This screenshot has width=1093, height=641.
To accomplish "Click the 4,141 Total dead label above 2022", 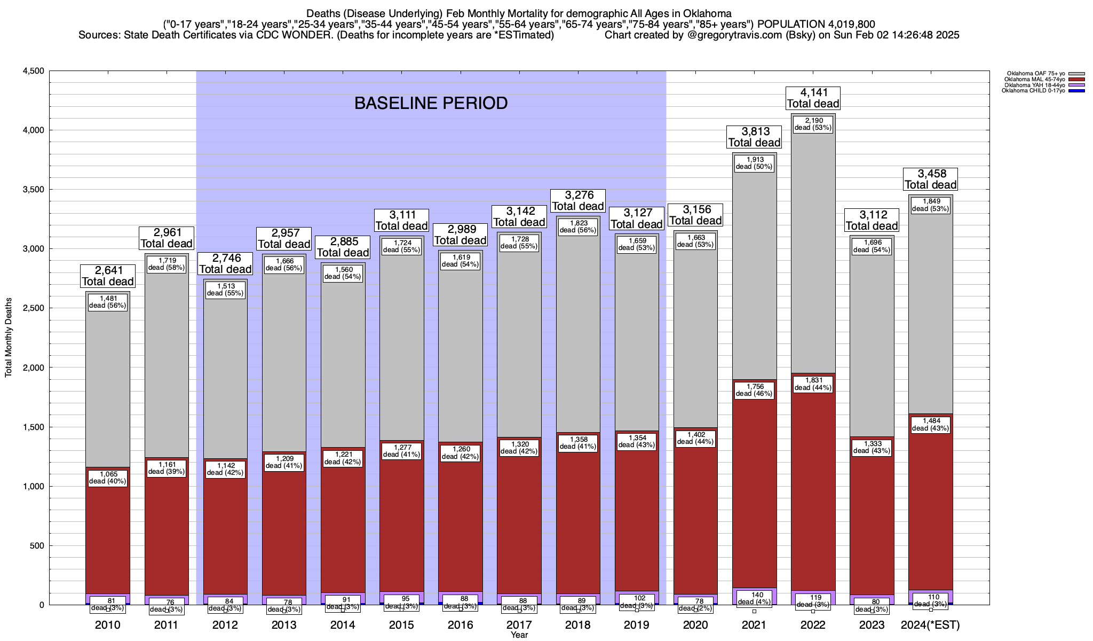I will [813, 98].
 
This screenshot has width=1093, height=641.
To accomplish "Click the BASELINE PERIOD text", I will [431, 103].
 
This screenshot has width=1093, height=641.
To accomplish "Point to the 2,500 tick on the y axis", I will [34, 308].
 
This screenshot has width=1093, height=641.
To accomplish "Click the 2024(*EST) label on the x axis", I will [930, 625].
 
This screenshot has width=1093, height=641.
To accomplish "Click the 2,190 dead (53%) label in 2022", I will [813, 124].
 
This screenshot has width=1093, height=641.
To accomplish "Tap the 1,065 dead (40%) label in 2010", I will [107, 478].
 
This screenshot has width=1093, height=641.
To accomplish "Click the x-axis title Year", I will [519, 635].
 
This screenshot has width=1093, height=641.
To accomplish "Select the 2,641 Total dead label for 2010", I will [107, 276].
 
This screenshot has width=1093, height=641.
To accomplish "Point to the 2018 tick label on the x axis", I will [578, 625].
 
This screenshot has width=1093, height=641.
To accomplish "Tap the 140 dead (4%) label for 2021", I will [754, 598].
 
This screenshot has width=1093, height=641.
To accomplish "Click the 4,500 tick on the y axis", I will [34, 71].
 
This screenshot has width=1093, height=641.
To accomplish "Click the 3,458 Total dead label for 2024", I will [930, 179].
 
